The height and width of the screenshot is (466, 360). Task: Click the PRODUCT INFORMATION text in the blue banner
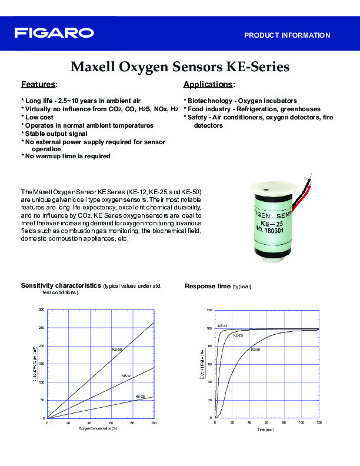287,35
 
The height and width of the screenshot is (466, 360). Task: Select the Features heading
39,84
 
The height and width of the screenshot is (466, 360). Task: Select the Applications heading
209,84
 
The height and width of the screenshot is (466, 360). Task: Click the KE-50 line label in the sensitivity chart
117,350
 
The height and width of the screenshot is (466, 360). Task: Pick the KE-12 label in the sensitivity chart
126,375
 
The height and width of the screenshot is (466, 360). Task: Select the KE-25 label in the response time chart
238,335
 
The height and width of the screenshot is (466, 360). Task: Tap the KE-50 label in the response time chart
255,349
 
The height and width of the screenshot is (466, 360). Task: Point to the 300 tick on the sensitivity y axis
41,309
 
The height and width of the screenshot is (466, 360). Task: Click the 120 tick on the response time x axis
319,423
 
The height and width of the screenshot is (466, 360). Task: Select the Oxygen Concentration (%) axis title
98,428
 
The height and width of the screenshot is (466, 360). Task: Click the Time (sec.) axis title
265,430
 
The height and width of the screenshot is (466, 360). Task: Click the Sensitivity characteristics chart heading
61,285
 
